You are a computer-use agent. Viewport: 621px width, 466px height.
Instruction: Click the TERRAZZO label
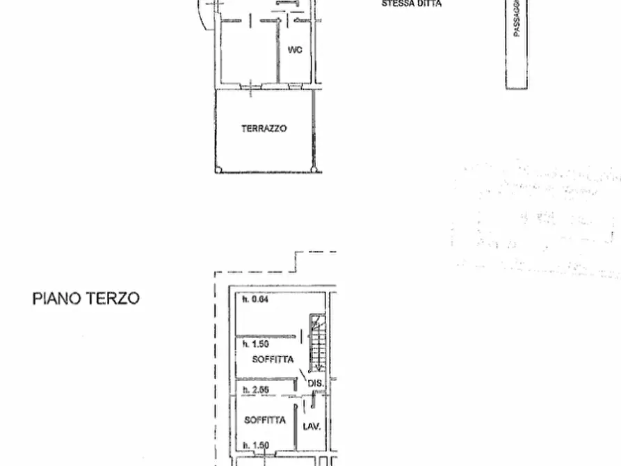(x=264, y=129)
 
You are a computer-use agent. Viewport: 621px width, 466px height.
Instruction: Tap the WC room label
(x=295, y=50)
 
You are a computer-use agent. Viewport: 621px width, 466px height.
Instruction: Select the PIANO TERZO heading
(x=86, y=298)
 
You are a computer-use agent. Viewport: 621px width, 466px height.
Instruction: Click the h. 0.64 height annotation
(x=255, y=300)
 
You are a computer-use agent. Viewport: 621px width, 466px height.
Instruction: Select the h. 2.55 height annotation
(x=255, y=390)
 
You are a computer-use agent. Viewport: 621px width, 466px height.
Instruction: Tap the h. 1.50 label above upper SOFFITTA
(x=255, y=344)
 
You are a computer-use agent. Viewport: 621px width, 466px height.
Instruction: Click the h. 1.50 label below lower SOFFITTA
(x=255, y=445)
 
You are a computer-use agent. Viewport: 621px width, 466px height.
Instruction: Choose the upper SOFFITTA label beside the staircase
(x=273, y=359)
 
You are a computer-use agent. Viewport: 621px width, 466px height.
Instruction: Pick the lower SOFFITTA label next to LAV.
(x=264, y=420)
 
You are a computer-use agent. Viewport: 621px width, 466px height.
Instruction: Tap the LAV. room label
(x=312, y=426)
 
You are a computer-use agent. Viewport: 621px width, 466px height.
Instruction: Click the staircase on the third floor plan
(x=318, y=344)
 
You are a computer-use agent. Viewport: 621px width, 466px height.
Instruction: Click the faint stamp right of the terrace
(x=535, y=219)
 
